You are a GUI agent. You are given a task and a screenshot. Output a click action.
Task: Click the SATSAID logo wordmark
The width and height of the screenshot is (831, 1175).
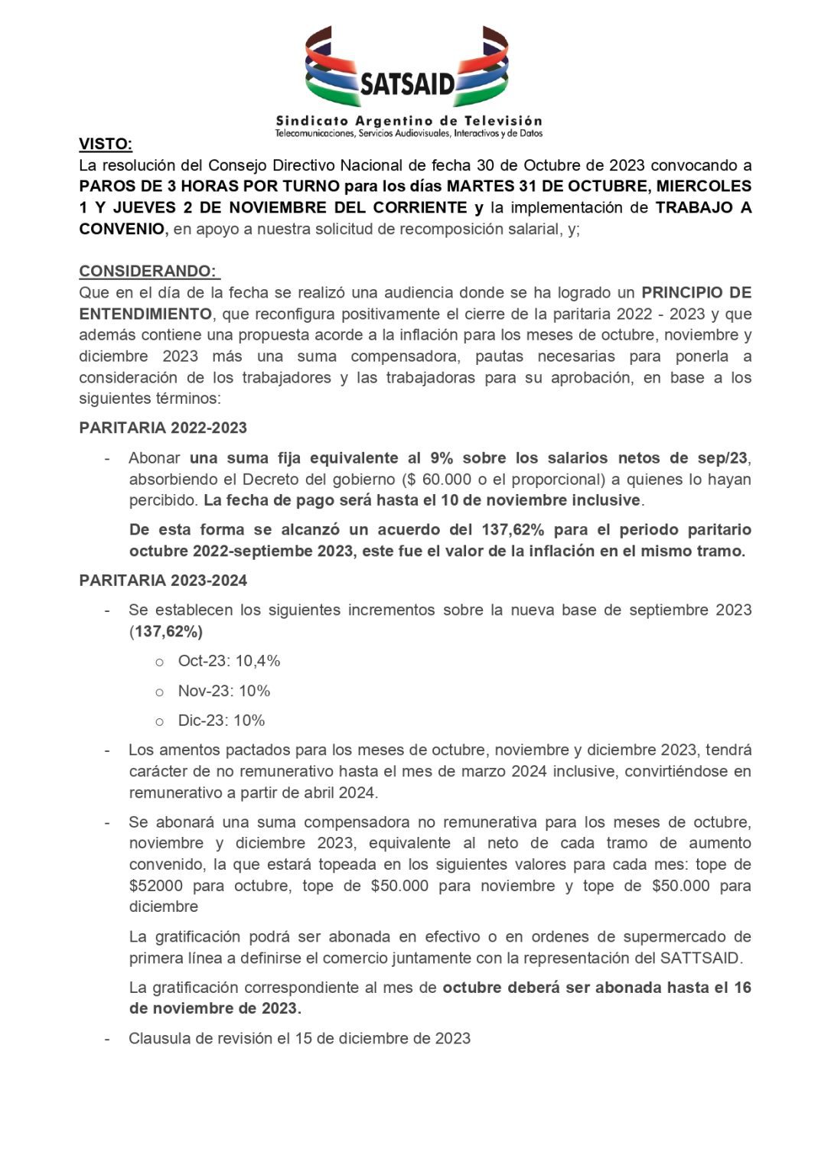[x=407, y=83]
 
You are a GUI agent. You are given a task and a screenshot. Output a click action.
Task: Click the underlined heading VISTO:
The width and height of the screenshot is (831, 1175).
[x=106, y=144]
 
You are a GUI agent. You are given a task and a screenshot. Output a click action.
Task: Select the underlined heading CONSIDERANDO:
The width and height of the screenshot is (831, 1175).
[x=149, y=271]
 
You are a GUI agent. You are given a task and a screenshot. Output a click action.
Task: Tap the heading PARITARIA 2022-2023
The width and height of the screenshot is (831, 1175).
[x=163, y=428]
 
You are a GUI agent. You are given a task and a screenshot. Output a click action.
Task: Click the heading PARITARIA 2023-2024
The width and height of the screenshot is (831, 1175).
[x=163, y=581]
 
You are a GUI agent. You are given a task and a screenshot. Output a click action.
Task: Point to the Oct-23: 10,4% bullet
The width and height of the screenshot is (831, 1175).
[x=229, y=661]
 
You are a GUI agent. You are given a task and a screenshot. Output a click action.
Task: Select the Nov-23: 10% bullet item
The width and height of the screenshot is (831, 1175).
[x=223, y=691]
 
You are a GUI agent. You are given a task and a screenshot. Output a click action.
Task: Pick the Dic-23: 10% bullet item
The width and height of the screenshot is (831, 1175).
[x=221, y=721]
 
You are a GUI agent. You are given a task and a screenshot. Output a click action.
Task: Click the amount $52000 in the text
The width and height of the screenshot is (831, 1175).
[x=155, y=886]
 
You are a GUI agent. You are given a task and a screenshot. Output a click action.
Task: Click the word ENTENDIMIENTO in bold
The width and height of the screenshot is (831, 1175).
[x=145, y=314]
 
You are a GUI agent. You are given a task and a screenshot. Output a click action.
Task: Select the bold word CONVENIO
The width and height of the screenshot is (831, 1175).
[x=122, y=229]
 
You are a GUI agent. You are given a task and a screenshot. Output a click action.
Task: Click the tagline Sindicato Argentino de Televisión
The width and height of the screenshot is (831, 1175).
[x=409, y=121]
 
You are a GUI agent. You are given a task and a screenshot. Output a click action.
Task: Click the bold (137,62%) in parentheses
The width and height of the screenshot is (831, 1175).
[x=166, y=631]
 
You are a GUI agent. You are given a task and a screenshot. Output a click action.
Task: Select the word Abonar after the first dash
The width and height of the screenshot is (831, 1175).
[x=155, y=458]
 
